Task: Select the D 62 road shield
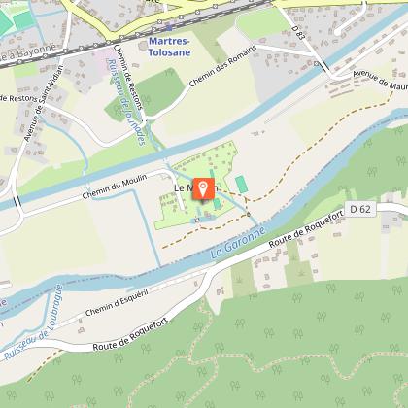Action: pos(361,209)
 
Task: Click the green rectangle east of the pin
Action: pos(242,184)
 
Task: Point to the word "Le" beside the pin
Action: pos(180,187)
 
